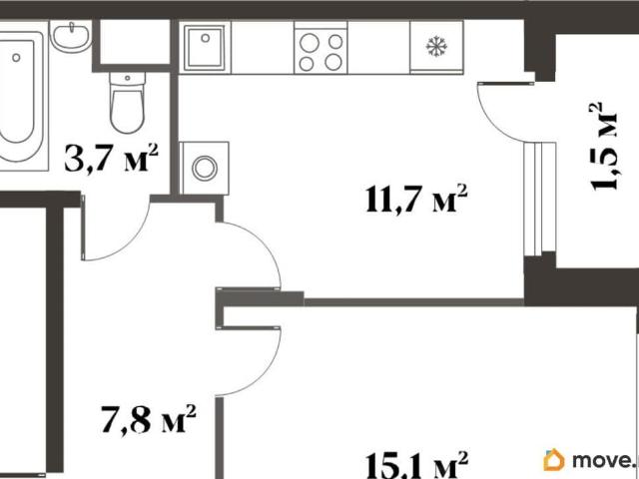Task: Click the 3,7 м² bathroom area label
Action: pos(111,158)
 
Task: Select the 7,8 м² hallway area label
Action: pos(149,418)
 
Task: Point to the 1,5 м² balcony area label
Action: pos(604,146)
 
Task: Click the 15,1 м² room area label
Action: pos(416,465)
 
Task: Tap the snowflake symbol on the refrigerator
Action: pos(436,46)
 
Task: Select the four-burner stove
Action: pos(320,48)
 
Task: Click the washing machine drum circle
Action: pos(205,169)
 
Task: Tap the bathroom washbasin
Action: pos(71,36)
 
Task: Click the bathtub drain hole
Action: pos(16,58)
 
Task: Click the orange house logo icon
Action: pos(555,460)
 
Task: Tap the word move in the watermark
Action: pos(600,461)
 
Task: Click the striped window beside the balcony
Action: pos(540,200)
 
